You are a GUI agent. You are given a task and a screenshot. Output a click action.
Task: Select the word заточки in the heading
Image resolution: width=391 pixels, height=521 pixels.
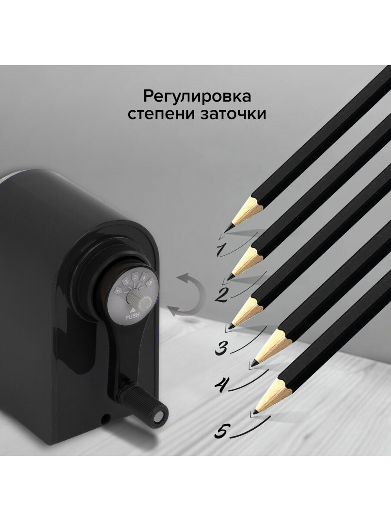coord(233,114)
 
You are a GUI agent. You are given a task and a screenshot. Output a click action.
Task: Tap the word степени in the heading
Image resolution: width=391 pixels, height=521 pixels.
coord(161,115)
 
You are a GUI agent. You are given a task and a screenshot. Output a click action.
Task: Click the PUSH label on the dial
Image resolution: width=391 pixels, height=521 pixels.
coord(132,317)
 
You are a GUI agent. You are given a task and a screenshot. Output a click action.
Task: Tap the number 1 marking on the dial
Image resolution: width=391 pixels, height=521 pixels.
coord(119,290)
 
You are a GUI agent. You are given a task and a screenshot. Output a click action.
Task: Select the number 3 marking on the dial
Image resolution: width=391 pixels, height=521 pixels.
coord(135,277)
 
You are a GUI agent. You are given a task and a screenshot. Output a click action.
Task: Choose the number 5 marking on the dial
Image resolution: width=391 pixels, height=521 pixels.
coord(149,283)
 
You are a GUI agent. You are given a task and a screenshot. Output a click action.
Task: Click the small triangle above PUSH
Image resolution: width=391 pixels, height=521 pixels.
coord(133,310)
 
